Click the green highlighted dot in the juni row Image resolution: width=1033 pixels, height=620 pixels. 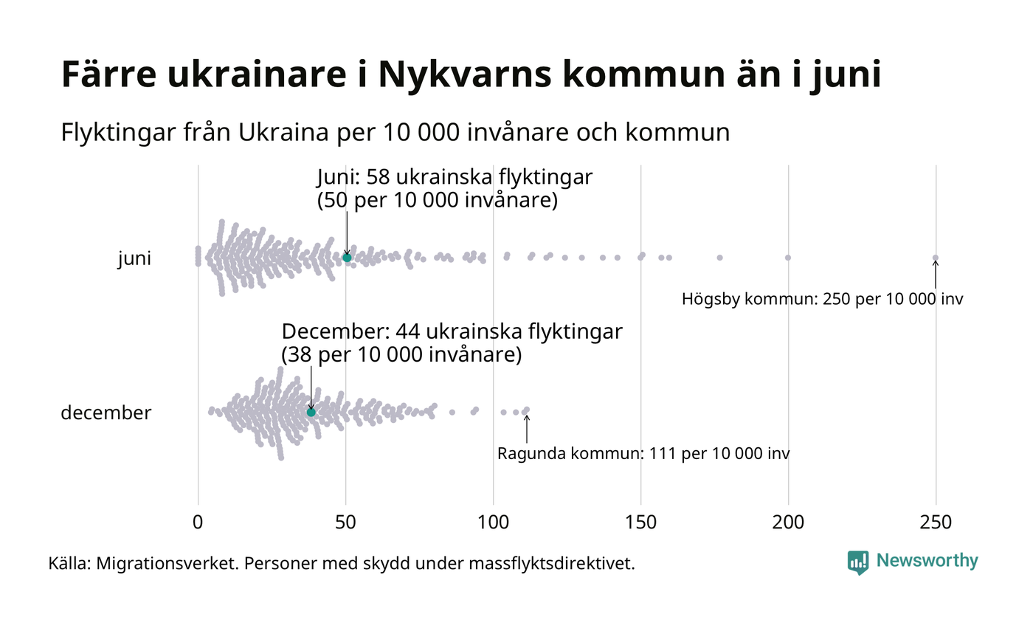point(347,257)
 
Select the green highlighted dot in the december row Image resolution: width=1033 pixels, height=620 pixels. point(311,412)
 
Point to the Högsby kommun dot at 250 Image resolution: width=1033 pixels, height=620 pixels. point(935,258)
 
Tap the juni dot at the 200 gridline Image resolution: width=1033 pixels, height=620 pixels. point(788,258)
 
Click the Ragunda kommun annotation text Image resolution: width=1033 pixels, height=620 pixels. point(643,453)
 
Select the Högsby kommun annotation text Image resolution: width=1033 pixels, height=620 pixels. point(822,300)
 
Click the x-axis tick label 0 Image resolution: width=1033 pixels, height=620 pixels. point(198,522)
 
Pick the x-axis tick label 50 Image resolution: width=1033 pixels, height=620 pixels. point(345,522)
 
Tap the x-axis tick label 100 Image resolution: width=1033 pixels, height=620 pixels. point(493,522)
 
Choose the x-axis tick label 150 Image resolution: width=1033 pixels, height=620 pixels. point(640,522)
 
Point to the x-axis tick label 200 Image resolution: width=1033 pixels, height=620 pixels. point(788,522)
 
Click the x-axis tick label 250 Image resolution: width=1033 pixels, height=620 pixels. point(936,522)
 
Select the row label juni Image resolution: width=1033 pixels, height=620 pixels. point(134,259)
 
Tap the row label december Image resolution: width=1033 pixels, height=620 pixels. point(106,413)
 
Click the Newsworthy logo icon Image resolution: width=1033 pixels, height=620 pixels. point(858,562)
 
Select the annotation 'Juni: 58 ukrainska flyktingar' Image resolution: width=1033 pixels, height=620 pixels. point(455,178)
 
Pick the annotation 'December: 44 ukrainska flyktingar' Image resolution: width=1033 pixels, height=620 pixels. point(452,332)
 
